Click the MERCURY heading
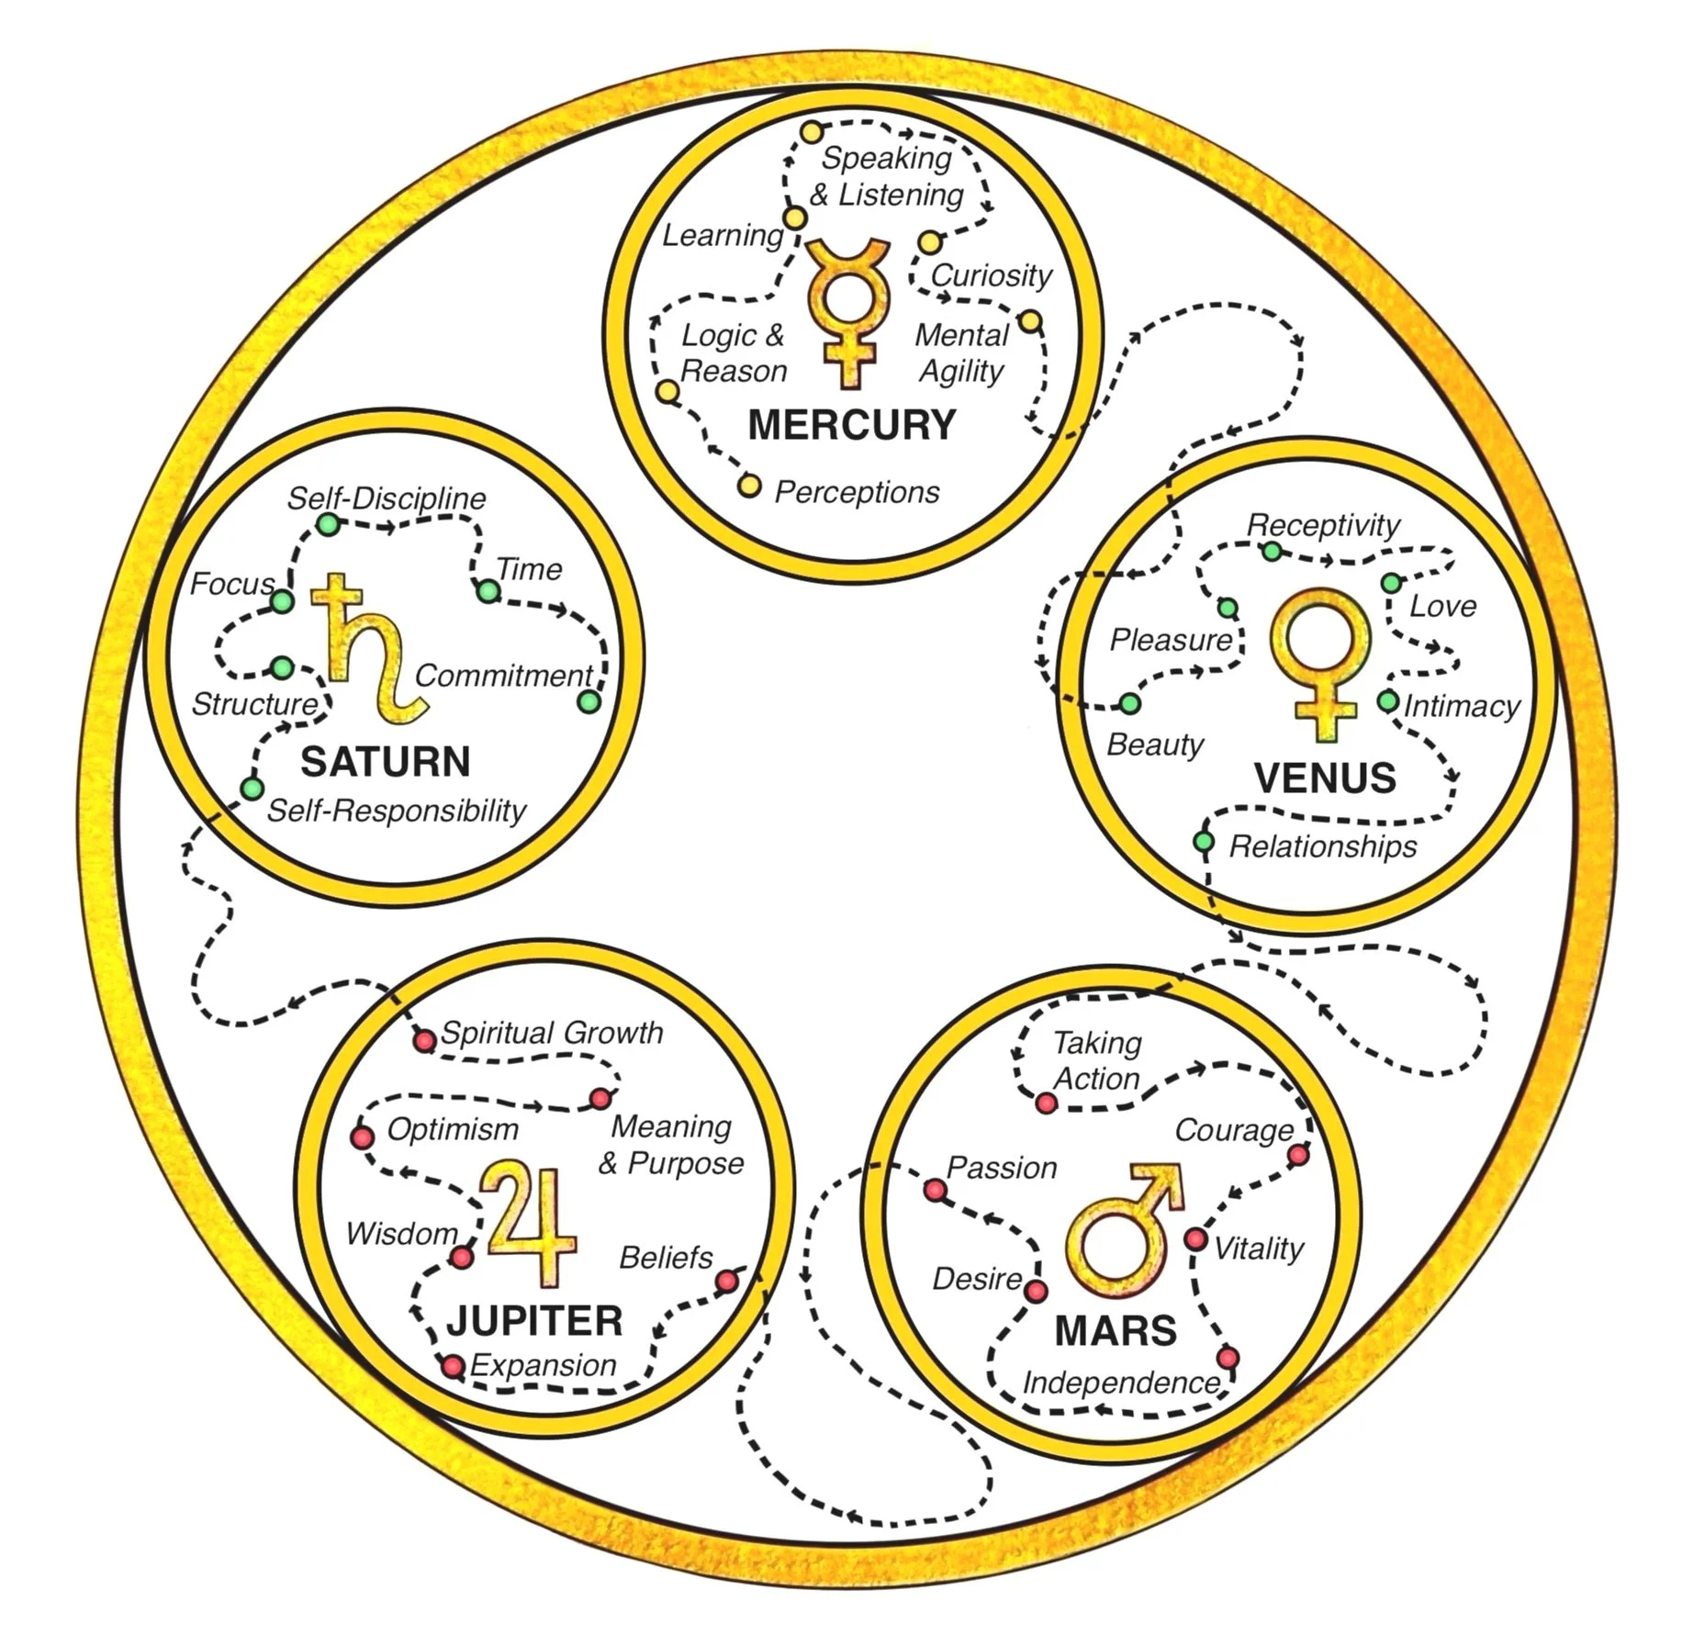851,425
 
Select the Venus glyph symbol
1323,661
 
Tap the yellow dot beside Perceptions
749,486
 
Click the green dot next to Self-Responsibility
252,788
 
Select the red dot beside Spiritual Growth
424,1041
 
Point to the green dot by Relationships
1204,842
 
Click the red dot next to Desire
1036,1292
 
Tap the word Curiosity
991,275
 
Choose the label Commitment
503,676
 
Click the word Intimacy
1461,706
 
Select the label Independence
1121,1383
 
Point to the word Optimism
453,1129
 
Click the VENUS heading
1324,778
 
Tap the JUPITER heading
534,1321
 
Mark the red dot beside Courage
1298,1155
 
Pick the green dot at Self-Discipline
328,524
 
